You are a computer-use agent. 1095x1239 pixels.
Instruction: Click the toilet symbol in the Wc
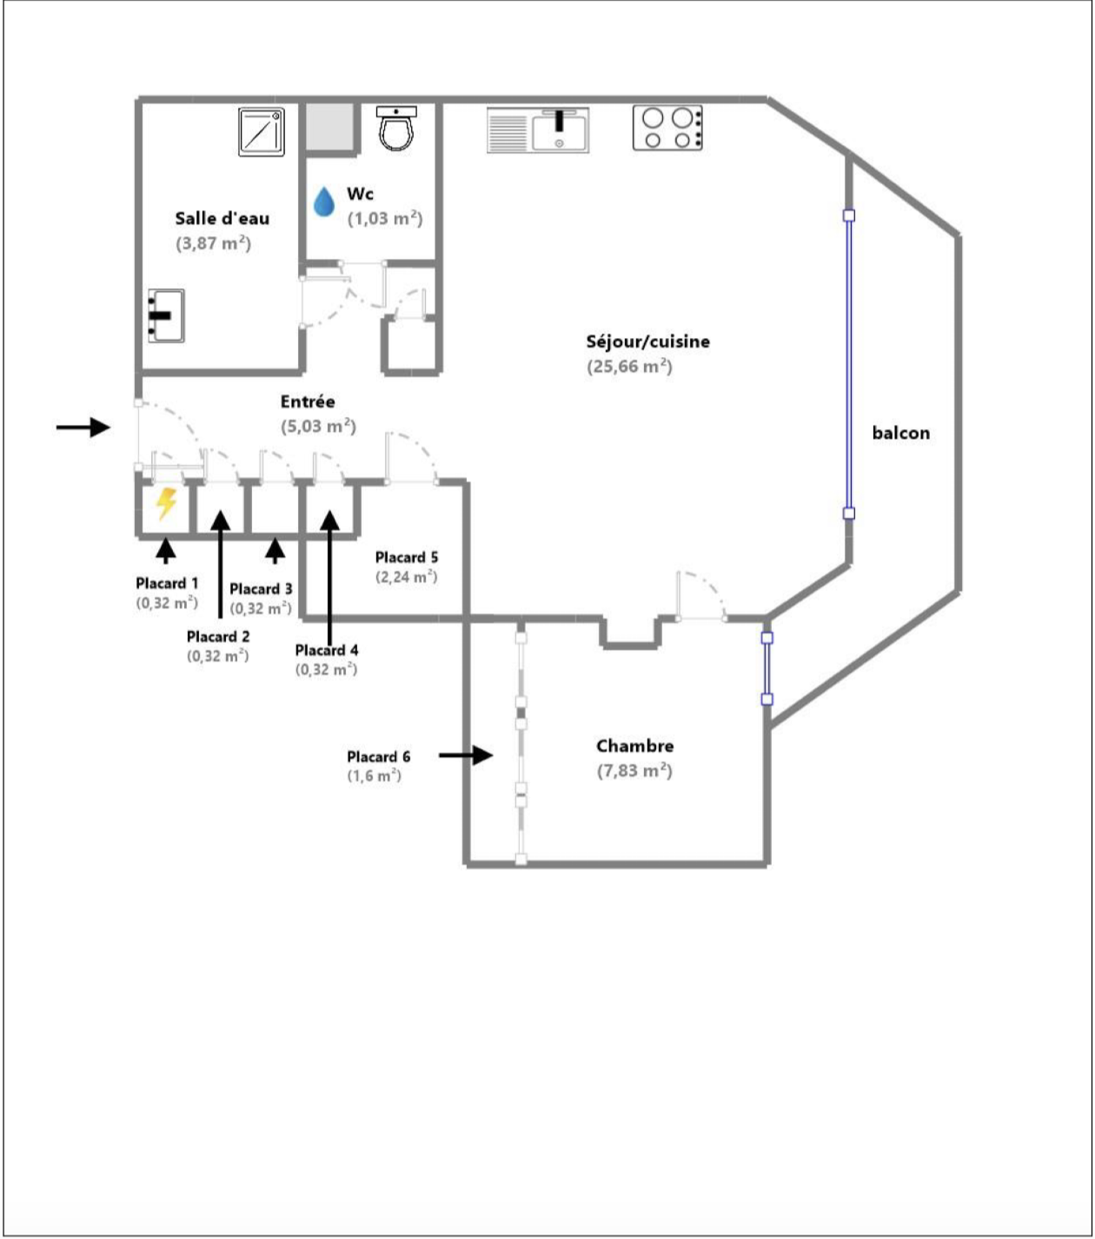pyautogui.click(x=396, y=128)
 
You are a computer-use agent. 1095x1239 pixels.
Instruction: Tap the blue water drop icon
pyautogui.click(x=323, y=202)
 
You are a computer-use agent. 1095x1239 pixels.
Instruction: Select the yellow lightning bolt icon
pyautogui.click(x=166, y=504)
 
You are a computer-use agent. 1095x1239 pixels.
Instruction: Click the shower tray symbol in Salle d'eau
pyautogui.click(x=262, y=131)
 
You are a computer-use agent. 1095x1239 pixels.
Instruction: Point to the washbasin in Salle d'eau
pyautogui.click(x=166, y=315)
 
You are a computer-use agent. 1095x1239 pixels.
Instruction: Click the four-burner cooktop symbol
pyautogui.click(x=667, y=128)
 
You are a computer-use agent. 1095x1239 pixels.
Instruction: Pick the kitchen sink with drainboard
pyautogui.click(x=538, y=129)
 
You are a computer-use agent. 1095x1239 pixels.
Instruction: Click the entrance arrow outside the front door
pyautogui.click(x=83, y=427)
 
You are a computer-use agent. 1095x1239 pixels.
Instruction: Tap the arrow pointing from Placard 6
pyautogui.click(x=466, y=755)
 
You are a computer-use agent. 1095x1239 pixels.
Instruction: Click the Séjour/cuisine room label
pyautogui.click(x=647, y=341)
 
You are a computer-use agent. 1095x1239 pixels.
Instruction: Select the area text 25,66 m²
pyautogui.click(x=629, y=367)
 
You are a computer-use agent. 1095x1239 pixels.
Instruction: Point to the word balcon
pyautogui.click(x=900, y=433)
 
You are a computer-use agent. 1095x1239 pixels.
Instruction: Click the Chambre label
pyautogui.click(x=635, y=746)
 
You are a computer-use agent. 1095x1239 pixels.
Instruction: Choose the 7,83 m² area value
pyautogui.click(x=634, y=771)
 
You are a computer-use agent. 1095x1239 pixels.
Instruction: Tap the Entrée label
pyautogui.click(x=308, y=401)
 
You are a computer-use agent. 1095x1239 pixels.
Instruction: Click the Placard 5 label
pyautogui.click(x=407, y=557)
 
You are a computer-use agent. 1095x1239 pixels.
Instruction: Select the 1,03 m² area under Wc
pyautogui.click(x=385, y=218)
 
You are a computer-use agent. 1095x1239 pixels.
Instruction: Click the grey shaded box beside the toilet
pyautogui.click(x=330, y=126)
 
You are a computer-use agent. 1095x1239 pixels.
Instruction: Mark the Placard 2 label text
pyautogui.click(x=218, y=637)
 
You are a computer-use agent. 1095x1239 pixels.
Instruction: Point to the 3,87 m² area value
pyautogui.click(x=214, y=243)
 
